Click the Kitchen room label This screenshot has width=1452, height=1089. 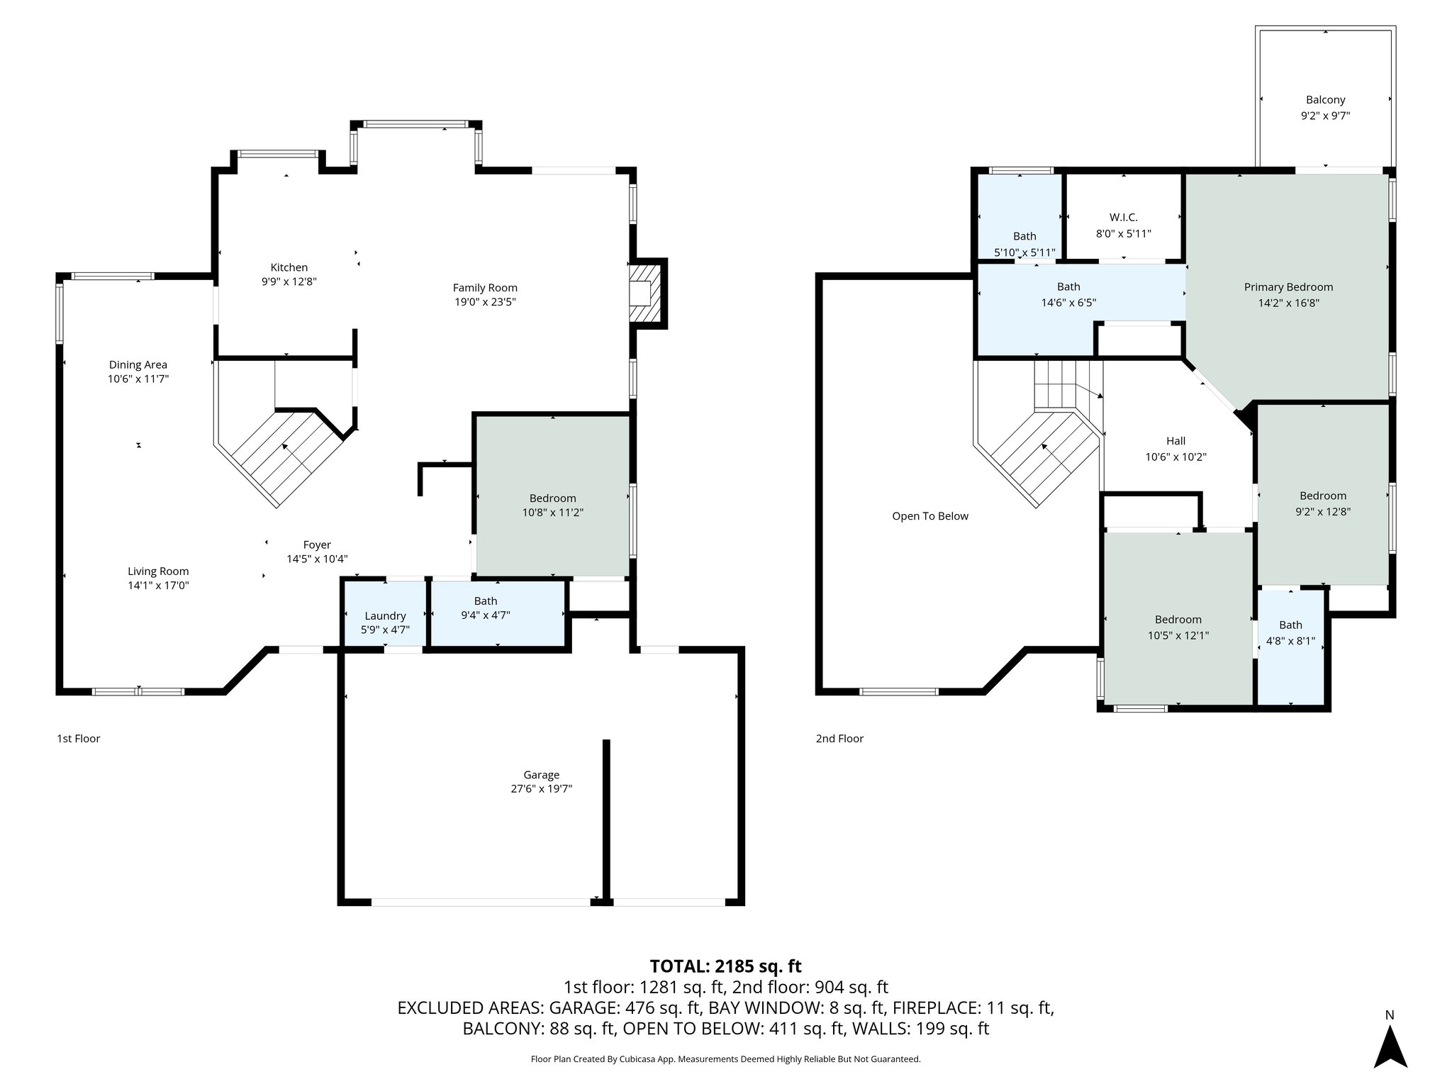pyautogui.click(x=289, y=267)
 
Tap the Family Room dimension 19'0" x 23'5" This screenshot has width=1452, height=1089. pyautogui.click(x=485, y=302)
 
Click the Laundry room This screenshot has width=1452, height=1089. pyautogui.click(x=385, y=615)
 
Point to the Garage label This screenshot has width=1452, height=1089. pyautogui.click(x=541, y=775)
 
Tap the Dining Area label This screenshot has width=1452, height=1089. pyautogui.click(x=138, y=364)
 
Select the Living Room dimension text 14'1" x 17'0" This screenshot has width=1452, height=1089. pyautogui.click(x=158, y=586)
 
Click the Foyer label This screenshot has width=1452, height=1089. pyautogui.click(x=317, y=544)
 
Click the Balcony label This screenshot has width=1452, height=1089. pyautogui.click(x=1325, y=100)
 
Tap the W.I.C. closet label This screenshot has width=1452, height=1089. pyautogui.click(x=1123, y=218)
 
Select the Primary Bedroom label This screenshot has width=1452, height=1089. pyautogui.click(x=1288, y=287)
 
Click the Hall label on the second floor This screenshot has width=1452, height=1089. pyautogui.click(x=1175, y=441)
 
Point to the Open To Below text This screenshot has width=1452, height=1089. pyautogui.click(x=929, y=516)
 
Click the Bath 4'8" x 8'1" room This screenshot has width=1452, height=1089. pyautogui.click(x=1290, y=632)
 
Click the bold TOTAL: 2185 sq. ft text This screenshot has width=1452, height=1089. pyautogui.click(x=725, y=966)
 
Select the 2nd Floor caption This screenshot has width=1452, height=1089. pyautogui.click(x=839, y=739)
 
